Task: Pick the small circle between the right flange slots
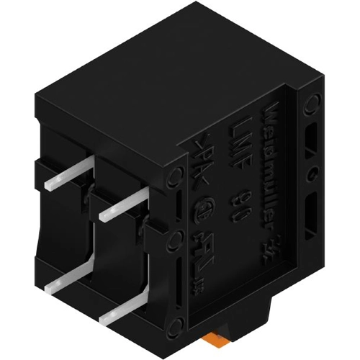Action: point(311,174)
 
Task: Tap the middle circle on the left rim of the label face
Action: point(176,238)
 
